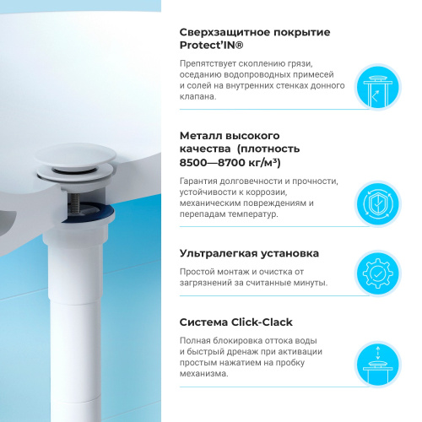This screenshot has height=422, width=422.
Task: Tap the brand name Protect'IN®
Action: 211,46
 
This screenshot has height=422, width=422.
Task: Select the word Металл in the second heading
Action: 201,136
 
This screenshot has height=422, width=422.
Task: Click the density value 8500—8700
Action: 213,163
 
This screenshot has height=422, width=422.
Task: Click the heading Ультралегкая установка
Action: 249,254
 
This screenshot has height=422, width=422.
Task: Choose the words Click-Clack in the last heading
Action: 262,322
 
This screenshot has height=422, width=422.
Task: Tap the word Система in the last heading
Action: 203,322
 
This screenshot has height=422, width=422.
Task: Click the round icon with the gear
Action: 377,273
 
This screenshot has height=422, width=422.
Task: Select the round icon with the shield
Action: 377,203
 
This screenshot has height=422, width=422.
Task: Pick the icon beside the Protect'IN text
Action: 377,87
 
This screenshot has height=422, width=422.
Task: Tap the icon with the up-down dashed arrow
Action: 377,365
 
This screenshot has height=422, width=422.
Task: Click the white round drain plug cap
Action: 75,155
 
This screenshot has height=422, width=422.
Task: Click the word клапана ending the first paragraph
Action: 197,97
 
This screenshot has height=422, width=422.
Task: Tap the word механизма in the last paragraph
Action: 203,374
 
